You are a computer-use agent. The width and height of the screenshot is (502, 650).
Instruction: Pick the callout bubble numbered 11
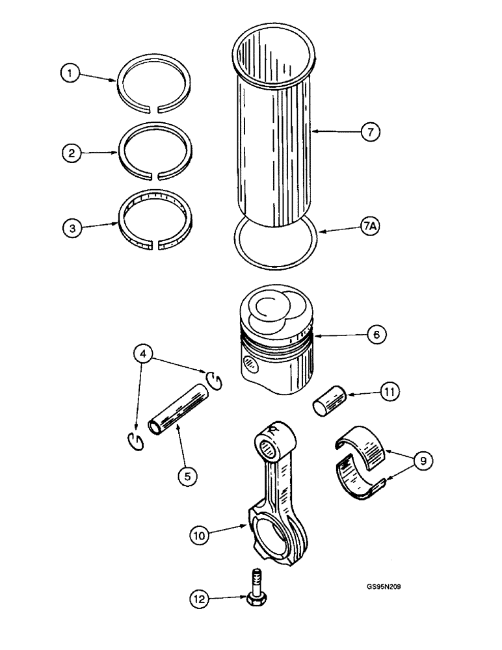pyautogui.click(x=390, y=392)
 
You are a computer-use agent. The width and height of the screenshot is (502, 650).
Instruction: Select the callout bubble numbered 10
pyautogui.click(x=199, y=536)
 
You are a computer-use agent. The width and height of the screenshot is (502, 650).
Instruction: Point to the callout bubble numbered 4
pyautogui.click(x=145, y=354)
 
